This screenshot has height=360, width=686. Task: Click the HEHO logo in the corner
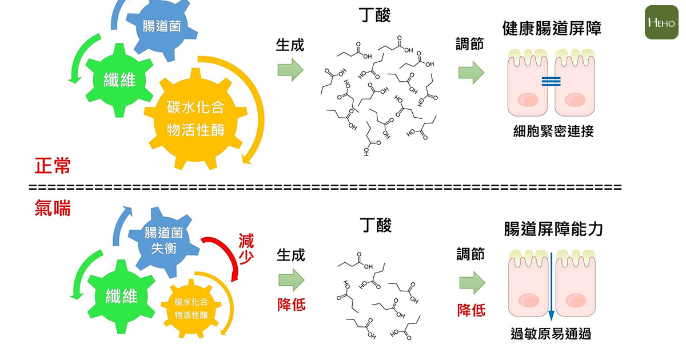click(661, 22)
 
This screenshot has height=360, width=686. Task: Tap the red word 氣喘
click(53, 209)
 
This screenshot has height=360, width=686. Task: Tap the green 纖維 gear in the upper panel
click(119, 79)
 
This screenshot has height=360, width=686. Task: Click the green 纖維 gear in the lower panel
click(121, 295)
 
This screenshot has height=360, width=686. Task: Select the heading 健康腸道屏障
click(552, 29)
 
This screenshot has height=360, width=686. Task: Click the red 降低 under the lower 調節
click(471, 310)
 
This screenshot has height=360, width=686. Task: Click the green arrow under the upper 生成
click(290, 70)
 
